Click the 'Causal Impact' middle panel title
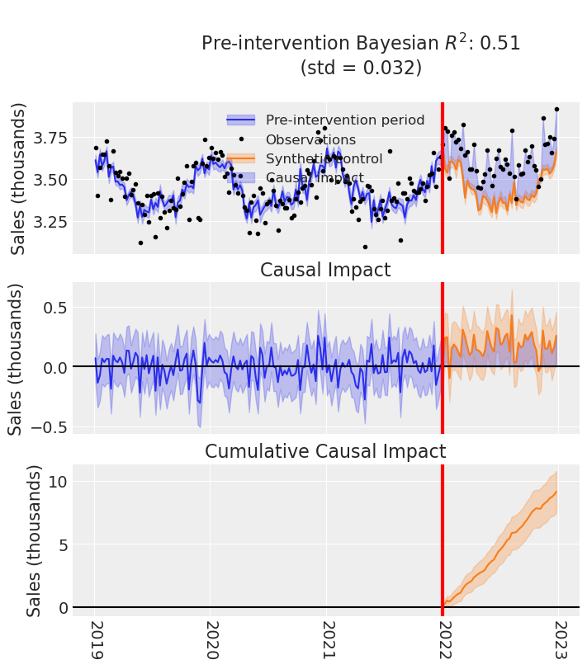click(325, 271)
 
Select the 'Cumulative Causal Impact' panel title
click(325, 451)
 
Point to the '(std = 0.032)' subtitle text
click(361, 68)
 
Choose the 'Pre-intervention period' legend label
click(345, 120)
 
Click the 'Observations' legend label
click(310, 140)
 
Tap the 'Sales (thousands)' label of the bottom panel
click(34, 540)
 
